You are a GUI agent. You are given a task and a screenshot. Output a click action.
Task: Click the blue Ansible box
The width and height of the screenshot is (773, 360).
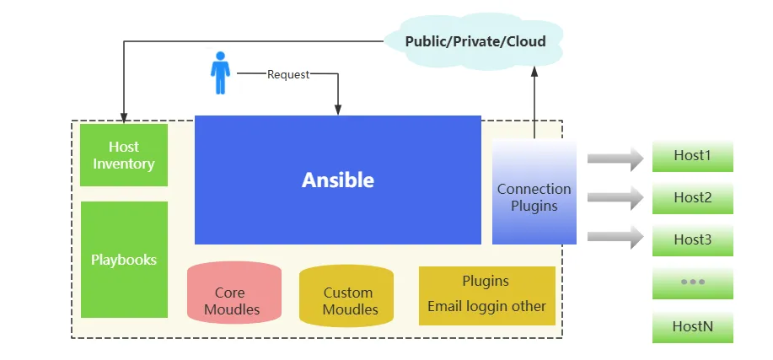(337, 180)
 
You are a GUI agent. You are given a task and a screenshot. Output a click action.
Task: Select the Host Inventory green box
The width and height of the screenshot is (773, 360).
(124, 155)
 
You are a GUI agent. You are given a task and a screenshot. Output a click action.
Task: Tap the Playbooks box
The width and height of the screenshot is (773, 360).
(124, 259)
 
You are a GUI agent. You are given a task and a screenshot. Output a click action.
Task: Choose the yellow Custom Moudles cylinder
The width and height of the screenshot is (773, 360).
(346, 295)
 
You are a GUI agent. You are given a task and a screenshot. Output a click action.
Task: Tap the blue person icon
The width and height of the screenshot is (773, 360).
(220, 73)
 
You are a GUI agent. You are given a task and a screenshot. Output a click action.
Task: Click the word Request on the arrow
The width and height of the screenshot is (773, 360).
(288, 74)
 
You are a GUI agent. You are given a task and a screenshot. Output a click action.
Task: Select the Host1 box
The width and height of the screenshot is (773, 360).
(692, 156)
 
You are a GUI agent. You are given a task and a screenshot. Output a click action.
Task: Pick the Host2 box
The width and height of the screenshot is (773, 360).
(692, 198)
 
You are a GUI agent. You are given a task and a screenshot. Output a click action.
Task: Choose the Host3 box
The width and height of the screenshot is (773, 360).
(692, 239)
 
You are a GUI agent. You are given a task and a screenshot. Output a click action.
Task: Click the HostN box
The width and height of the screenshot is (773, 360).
(692, 325)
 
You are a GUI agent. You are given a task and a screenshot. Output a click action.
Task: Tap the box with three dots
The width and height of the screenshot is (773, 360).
(692, 282)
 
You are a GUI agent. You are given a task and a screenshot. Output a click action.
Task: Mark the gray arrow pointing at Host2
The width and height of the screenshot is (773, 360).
(615, 198)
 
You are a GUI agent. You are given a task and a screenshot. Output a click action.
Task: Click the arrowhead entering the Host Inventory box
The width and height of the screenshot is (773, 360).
(124, 116)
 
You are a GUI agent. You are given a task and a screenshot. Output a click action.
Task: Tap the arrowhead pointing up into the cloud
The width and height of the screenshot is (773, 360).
(534, 73)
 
